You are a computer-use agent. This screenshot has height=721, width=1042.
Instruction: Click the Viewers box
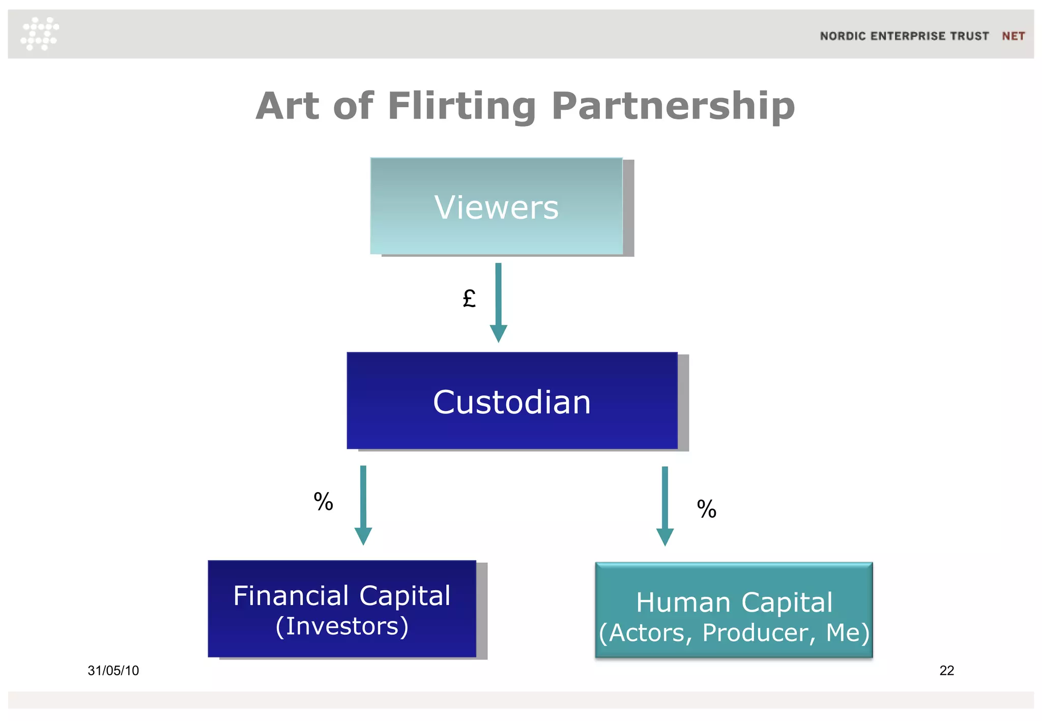(497, 206)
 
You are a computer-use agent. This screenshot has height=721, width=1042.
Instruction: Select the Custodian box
(512, 401)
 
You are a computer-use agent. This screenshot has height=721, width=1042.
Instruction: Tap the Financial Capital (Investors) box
(342, 609)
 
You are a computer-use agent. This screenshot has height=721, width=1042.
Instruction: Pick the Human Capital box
(734, 610)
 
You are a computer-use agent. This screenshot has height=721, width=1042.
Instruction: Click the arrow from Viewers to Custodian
(498, 302)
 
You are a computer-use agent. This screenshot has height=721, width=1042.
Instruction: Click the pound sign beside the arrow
(469, 298)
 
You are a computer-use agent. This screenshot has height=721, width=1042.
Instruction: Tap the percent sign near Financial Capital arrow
(323, 502)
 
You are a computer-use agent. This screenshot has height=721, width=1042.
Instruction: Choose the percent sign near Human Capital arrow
(706, 509)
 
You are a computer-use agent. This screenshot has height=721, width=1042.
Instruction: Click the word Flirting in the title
(461, 106)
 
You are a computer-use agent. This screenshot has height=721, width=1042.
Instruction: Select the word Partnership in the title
(673, 106)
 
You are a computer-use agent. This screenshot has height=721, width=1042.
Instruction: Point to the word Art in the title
(287, 106)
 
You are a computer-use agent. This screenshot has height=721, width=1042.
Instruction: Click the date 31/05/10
(113, 671)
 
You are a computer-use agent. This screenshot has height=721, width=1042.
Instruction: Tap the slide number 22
(946, 671)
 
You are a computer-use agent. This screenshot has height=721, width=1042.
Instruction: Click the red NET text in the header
(1013, 36)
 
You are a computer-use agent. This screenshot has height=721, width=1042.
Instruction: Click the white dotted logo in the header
(40, 34)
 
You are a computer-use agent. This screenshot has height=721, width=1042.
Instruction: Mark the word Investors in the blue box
(342, 626)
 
